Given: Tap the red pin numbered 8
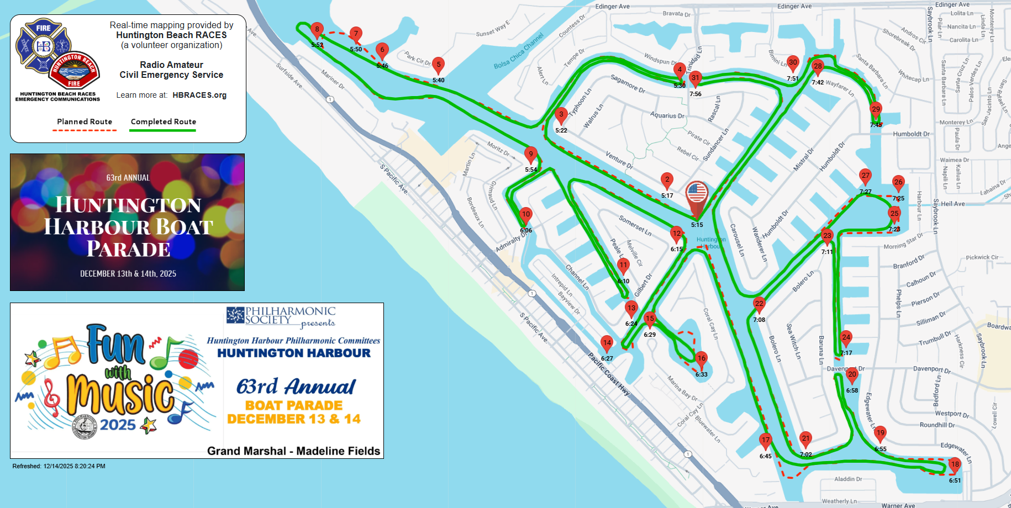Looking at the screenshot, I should point(317,30).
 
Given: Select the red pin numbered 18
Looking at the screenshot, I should point(955,465).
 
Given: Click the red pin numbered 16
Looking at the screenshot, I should point(701,358).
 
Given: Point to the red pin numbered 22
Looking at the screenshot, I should point(759,304).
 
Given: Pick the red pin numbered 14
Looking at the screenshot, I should point(607,343).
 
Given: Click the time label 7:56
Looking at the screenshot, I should point(696,94).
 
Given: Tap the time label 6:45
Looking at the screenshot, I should point(765,456).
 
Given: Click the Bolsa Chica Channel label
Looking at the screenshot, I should point(518,51).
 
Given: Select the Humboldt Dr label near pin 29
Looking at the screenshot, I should point(911,134).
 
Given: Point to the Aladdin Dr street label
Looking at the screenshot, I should point(848,479).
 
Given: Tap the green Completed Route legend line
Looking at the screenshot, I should point(162,130).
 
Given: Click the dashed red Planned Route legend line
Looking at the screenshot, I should point(85,130).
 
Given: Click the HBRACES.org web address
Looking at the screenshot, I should point(199,95).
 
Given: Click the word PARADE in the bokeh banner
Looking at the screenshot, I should point(128,249).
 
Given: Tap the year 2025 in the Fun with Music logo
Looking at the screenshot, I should point(118,425).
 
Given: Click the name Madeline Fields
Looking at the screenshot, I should point(338,451).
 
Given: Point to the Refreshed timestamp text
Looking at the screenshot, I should point(59,466).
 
